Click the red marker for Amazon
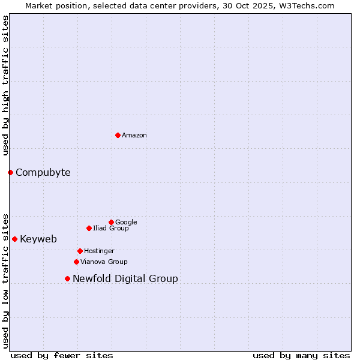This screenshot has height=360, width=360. click(118, 135)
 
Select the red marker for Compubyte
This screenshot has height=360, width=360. click(10, 172)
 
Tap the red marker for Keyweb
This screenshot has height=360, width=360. click(14, 239)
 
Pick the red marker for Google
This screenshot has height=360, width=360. click(111, 222)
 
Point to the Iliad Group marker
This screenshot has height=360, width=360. click(89, 228)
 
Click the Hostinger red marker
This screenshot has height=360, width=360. click(80, 251)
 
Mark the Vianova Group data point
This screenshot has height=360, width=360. click(76, 262)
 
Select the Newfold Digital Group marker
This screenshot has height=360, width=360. click(67, 278)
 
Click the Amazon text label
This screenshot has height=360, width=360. click(134, 135)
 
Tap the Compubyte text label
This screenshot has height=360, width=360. click(43, 173)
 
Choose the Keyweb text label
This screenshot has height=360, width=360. click(38, 239)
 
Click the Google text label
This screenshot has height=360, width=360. click(126, 222)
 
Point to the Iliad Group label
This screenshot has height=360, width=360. click(111, 228)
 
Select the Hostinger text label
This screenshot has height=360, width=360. click(99, 251)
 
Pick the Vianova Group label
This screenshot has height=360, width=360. click(104, 262)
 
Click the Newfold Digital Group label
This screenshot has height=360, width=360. click(125, 279)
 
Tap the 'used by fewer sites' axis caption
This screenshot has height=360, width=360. click(62, 355)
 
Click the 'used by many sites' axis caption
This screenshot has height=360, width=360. click(301, 355)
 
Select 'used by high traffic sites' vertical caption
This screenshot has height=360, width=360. click(5, 85)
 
